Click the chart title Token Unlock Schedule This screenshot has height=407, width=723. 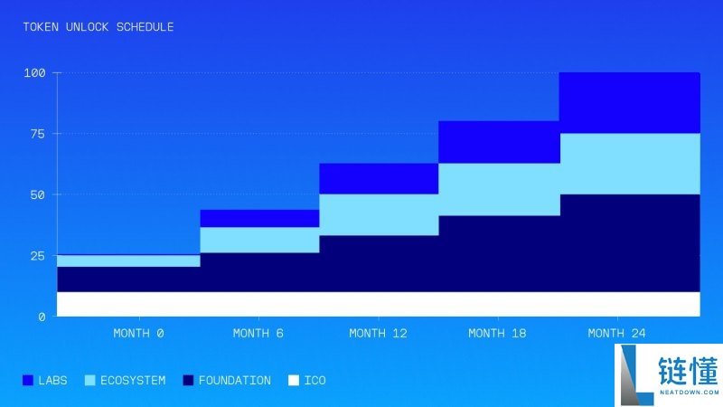point(99,27)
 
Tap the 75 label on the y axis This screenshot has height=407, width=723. point(37,134)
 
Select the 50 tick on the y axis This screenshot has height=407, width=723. point(37,194)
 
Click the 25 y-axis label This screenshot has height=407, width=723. point(37,256)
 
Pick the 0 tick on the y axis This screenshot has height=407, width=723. point(42,317)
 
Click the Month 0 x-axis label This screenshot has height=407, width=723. point(138,333)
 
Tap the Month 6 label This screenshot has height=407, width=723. point(258,333)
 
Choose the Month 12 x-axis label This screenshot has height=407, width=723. point(378,333)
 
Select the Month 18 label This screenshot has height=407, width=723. point(497,333)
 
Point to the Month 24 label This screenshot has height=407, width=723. point(616,333)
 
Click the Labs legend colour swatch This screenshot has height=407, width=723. point(28,381)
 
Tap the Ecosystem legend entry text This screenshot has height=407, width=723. point(132,381)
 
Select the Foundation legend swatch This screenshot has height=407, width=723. point(189,381)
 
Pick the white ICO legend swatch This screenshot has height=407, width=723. point(293,381)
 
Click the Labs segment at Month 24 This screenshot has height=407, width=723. point(629,102)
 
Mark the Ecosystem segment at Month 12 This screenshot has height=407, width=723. point(378,214)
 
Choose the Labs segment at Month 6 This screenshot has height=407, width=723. point(258,218)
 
